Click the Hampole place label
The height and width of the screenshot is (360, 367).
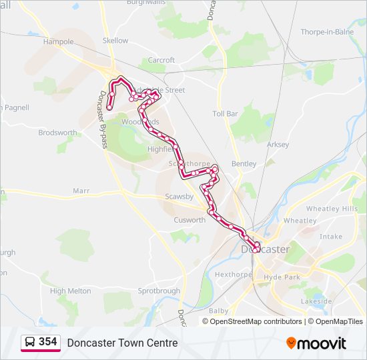(58, 41)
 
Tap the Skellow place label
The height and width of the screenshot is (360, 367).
(115, 41)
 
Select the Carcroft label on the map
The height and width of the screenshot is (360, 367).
(161, 60)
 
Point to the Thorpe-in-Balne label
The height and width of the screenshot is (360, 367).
(327, 31)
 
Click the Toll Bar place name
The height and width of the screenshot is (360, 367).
(225, 114)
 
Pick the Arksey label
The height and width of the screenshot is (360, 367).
(278, 145)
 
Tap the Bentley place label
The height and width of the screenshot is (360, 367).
(244, 163)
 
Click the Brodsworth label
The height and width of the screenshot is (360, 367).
(57, 133)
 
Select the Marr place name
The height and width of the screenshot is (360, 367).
(81, 191)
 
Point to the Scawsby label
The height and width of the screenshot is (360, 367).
(179, 197)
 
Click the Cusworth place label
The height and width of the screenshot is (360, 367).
(190, 220)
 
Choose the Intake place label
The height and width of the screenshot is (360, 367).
(330, 237)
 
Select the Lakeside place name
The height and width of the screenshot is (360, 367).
(316, 301)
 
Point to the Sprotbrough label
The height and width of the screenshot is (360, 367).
(159, 291)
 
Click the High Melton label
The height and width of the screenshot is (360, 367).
(70, 291)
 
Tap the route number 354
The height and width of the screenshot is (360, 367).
(48, 342)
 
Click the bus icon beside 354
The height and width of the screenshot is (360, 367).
(29, 342)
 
